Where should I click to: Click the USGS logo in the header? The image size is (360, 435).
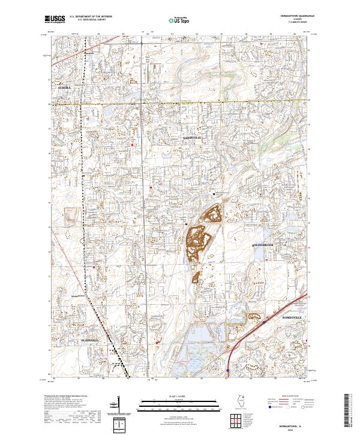[x=55, y=19]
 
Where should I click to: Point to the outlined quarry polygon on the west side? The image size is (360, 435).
[x=71, y=215]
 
